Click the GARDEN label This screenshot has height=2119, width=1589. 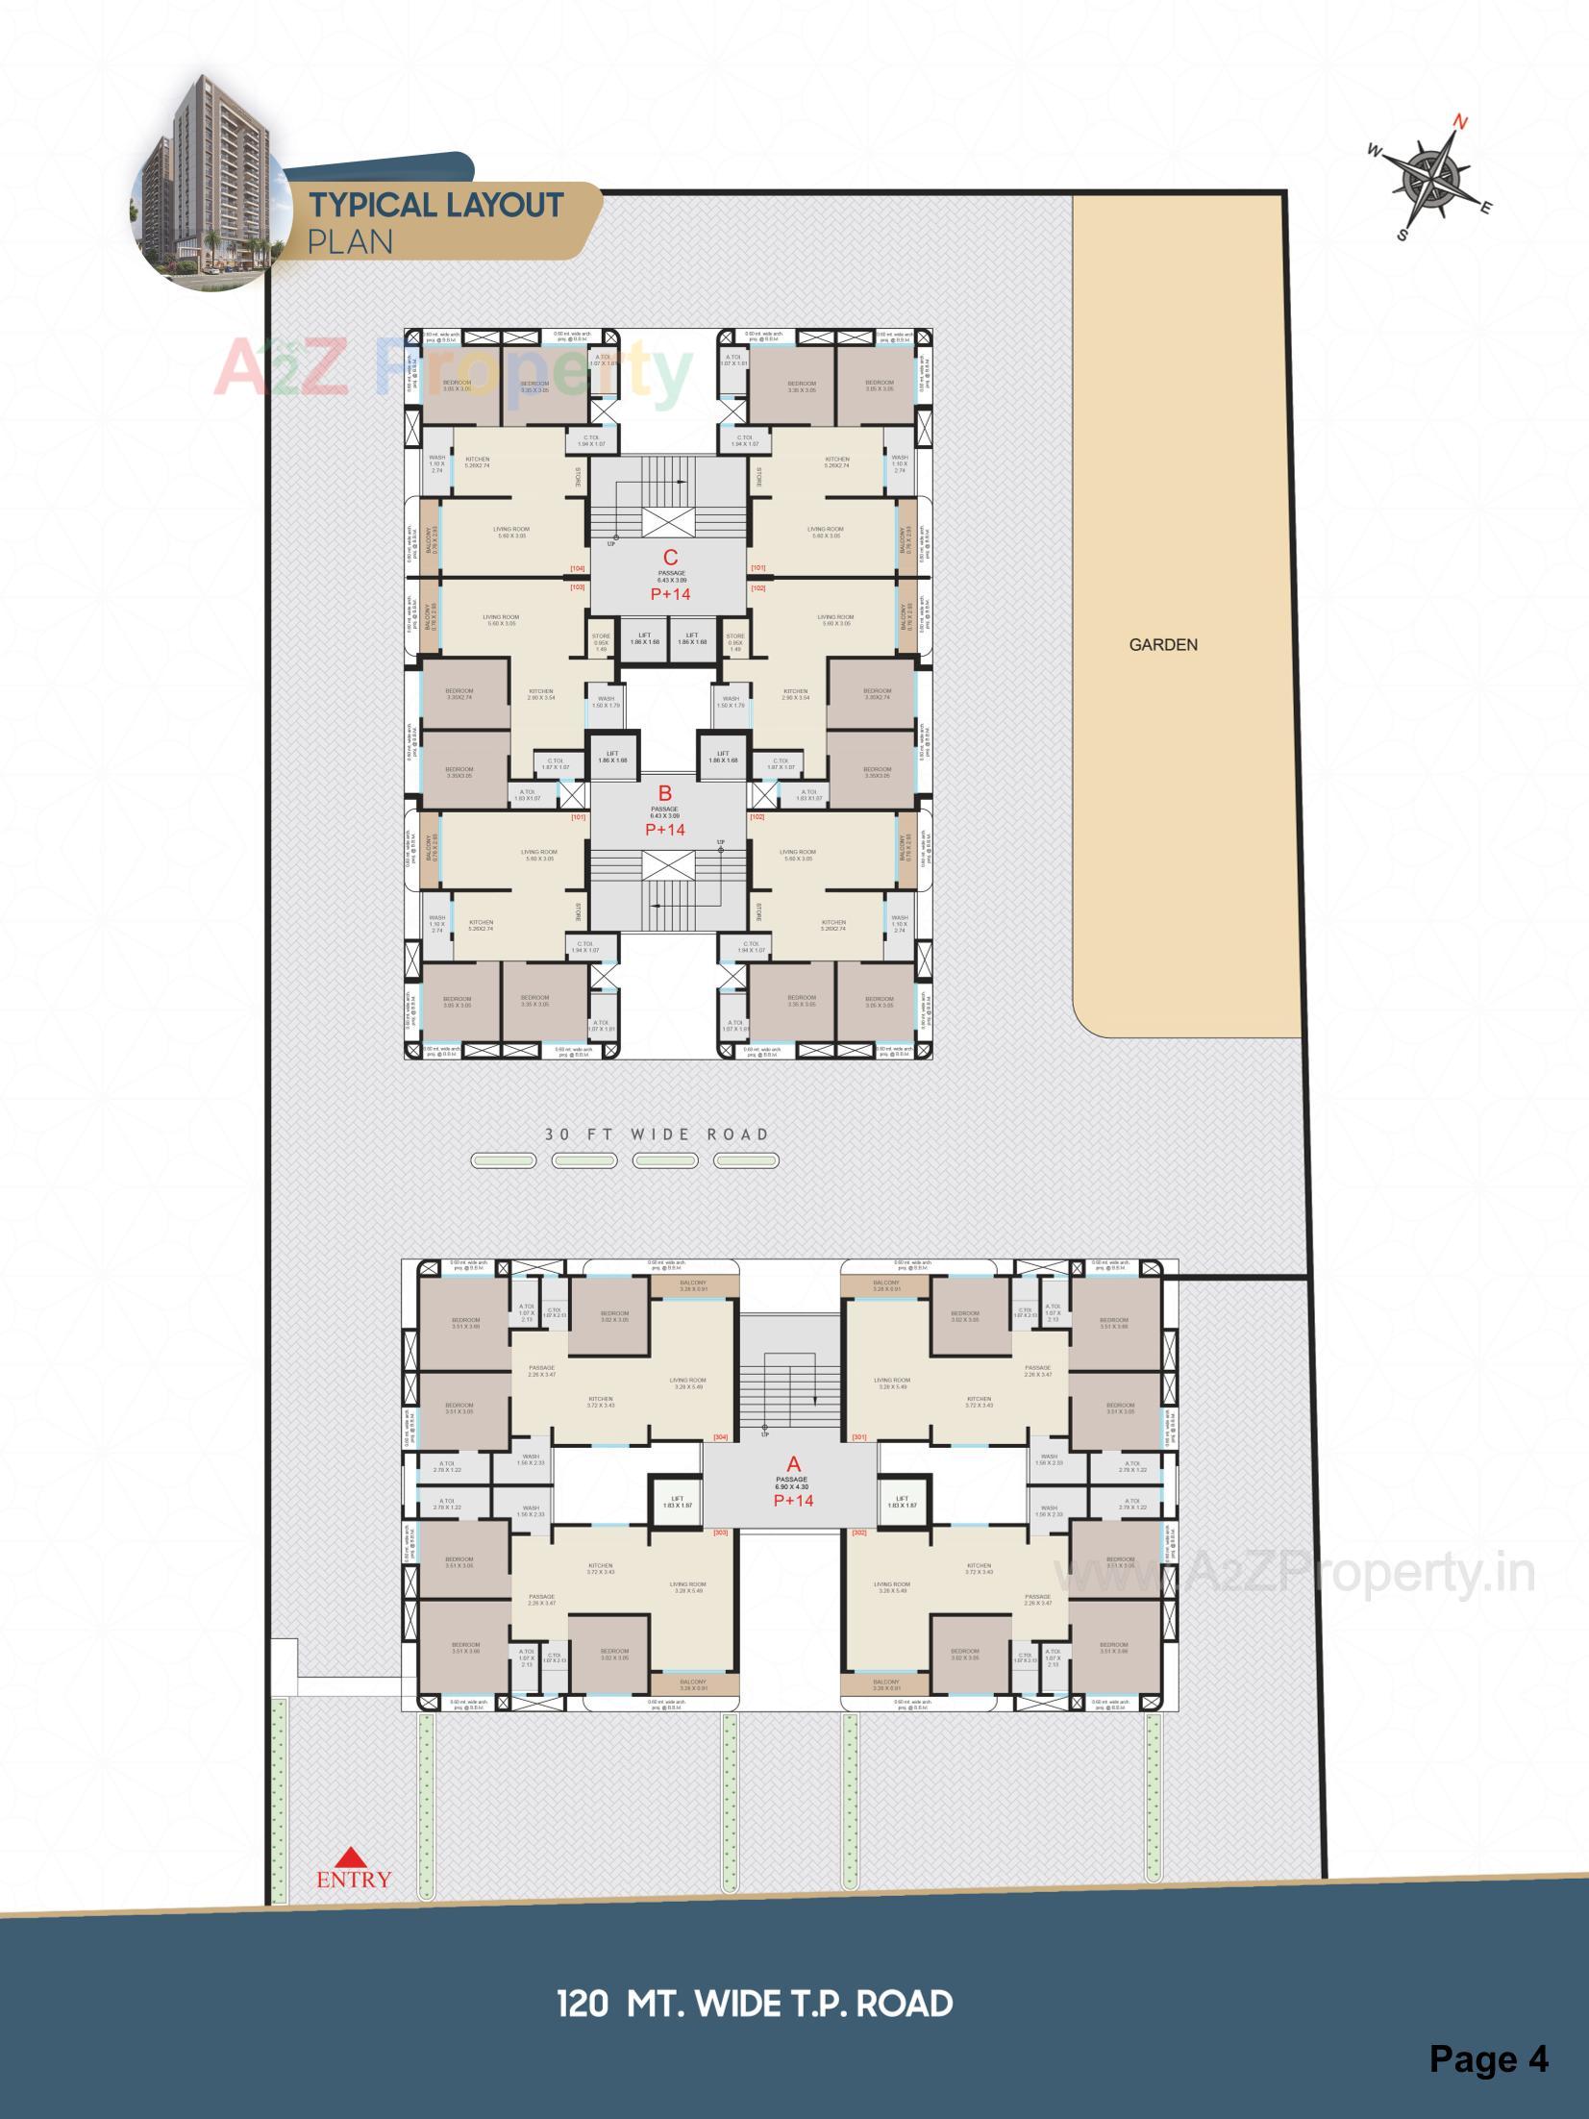(x=1163, y=644)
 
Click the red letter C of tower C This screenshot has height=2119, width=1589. (x=671, y=557)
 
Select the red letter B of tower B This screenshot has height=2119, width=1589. (x=664, y=793)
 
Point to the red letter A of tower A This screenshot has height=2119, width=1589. (x=793, y=1464)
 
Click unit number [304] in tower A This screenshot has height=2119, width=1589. (x=720, y=1437)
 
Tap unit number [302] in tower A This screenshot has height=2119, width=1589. (x=858, y=1533)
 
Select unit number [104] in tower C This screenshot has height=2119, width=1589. (x=578, y=569)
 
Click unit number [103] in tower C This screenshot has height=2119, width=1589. (x=578, y=586)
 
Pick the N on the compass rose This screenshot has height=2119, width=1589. (x=1459, y=123)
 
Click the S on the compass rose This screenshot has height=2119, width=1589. (x=1402, y=236)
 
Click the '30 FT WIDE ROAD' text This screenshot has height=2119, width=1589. (x=658, y=1134)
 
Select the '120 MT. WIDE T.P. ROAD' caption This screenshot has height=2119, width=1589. (x=755, y=2004)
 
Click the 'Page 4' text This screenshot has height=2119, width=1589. (x=1488, y=2058)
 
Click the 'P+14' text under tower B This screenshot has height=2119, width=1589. (x=664, y=829)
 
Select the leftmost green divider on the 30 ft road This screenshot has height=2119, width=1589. (x=504, y=1161)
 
